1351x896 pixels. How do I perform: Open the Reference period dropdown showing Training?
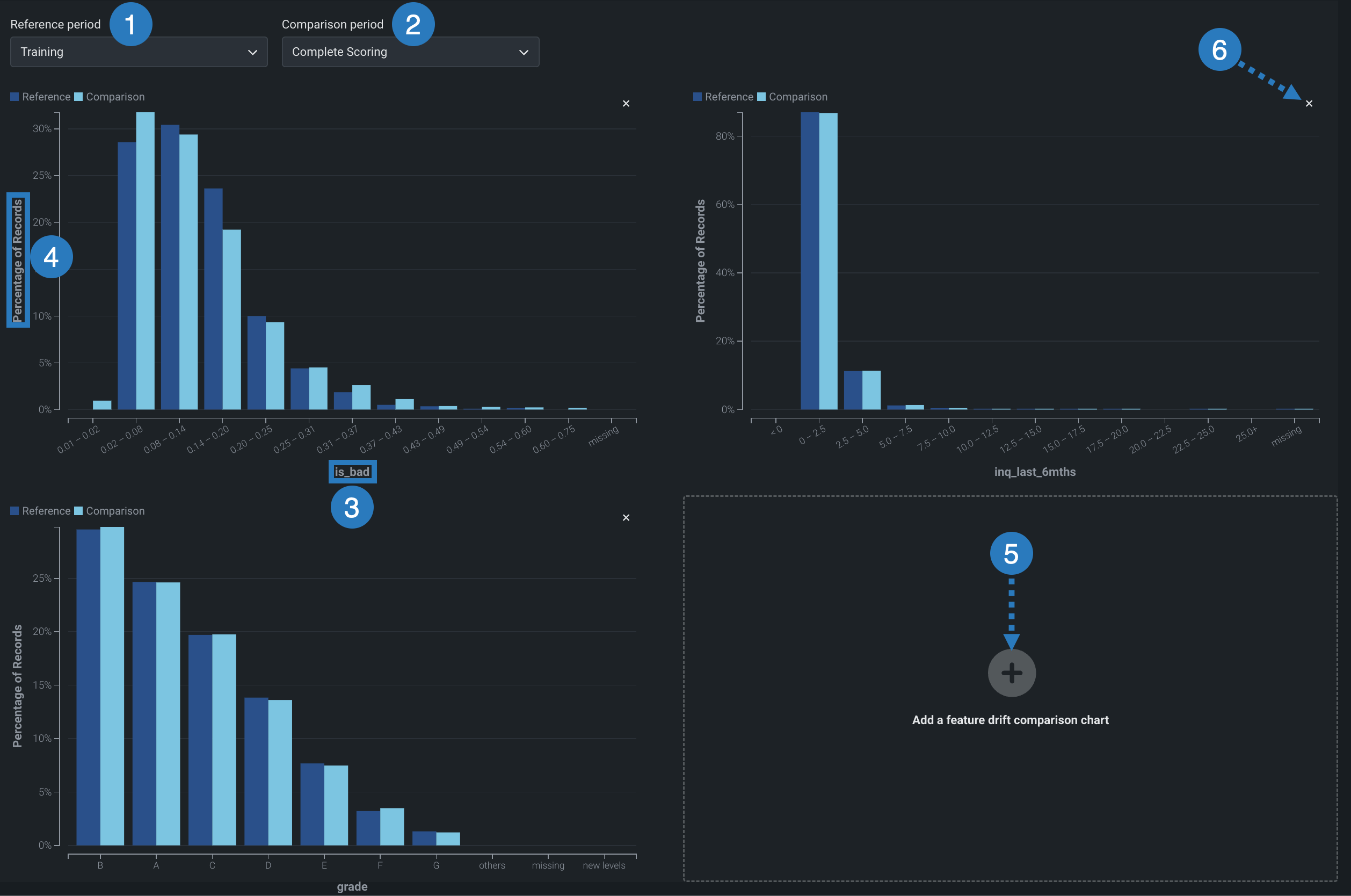139,52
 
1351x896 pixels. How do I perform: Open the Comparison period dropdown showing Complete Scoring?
410,52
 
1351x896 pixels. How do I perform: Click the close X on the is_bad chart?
626,104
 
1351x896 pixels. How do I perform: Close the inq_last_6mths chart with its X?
1309,104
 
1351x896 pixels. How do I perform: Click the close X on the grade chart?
626,518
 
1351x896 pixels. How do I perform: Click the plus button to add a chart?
1011,673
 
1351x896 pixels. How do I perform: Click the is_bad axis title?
352,472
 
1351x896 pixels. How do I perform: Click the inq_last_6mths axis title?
1035,472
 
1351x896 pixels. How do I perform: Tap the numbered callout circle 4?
52,257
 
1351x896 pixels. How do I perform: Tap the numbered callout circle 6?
1219,50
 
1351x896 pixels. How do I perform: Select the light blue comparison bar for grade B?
112,686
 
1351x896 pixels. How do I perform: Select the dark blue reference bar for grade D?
256,771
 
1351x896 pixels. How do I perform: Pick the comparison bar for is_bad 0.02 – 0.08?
145,261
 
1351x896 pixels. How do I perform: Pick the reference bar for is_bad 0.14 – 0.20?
213,299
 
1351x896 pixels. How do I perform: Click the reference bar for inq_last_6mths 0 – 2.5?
809,261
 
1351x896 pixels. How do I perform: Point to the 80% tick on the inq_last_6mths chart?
725,136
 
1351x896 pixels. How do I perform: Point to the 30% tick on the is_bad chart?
42,128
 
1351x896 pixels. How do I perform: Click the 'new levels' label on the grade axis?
604,865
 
